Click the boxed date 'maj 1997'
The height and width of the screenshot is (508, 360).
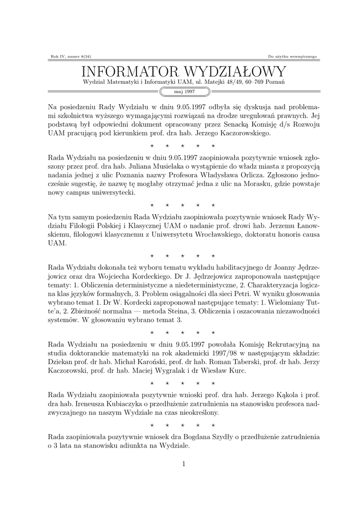pyautogui.click(x=184, y=92)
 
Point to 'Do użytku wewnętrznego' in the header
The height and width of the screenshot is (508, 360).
pyautogui.click(x=292, y=57)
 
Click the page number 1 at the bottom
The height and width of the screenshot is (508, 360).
pyautogui.click(x=184, y=464)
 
